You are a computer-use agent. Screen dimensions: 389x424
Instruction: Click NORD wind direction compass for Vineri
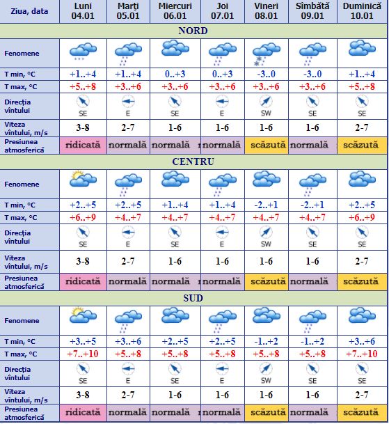[267, 101]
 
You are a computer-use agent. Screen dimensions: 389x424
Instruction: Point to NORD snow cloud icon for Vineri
[267, 50]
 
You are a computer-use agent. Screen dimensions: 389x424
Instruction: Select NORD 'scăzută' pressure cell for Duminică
[362, 146]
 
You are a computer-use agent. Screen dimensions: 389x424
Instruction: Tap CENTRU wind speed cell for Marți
[127, 261]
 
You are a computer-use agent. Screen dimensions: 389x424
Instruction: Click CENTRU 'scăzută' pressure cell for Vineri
[267, 282]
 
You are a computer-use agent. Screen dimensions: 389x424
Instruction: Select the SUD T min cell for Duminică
[362, 340]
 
